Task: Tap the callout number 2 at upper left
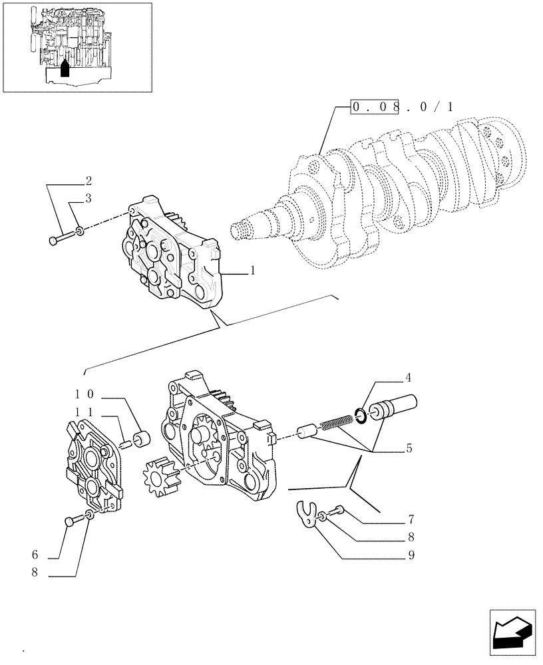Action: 88,181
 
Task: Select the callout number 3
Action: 88,198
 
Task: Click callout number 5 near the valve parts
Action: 408,448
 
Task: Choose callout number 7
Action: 411,518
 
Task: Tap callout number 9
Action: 411,555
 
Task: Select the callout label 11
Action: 83,412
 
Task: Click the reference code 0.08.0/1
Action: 402,106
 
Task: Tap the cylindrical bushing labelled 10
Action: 140,440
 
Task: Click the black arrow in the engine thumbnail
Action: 65,68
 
